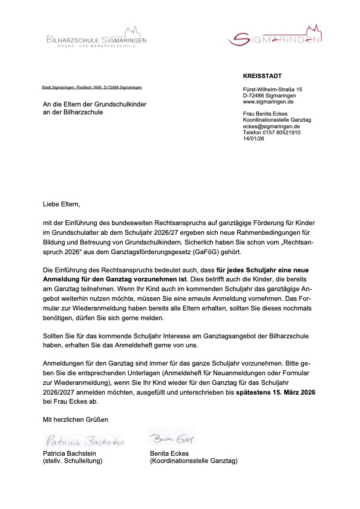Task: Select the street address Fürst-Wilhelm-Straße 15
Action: click(272, 90)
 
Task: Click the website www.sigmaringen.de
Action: click(266, 102)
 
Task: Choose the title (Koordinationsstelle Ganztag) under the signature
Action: click(194, 461)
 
